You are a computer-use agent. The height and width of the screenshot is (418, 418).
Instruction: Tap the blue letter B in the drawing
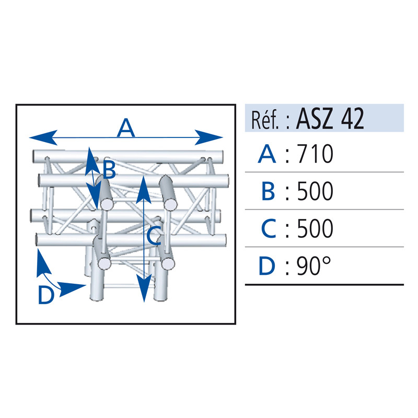[x=109, y=169]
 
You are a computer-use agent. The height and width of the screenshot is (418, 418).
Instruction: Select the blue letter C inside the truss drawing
[x=154, y=236]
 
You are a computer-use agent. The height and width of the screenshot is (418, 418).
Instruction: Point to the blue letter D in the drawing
[x=47, y=294]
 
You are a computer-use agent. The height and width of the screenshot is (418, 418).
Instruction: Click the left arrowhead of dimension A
[x=43, y=137]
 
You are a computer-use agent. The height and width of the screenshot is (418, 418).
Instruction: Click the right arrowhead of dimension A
[x=208, y=137]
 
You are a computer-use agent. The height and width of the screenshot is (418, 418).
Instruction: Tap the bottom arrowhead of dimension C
[x=144, y=288]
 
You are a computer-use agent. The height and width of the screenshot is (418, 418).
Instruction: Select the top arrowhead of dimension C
[x=144, y=190]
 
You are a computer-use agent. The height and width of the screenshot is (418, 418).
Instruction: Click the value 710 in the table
[x=315, y=154]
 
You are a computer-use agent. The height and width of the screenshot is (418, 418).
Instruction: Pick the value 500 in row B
[x=315, y=191]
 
